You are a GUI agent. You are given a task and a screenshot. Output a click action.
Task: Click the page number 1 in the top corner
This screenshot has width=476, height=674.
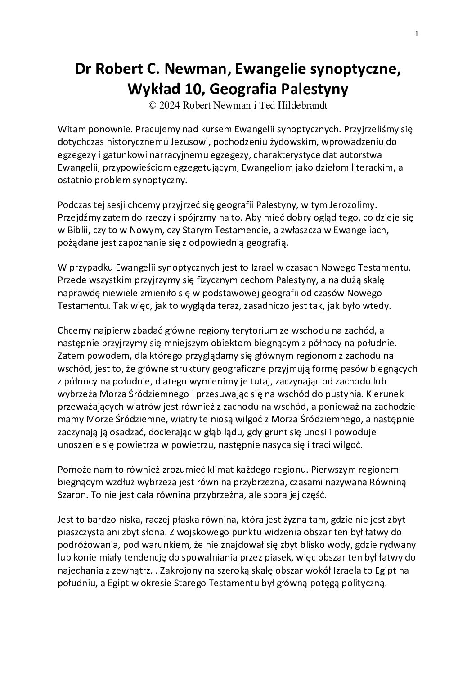click(x=417, y=34)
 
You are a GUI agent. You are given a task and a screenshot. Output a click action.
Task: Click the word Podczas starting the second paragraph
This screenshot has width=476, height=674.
click(x=75, y=205)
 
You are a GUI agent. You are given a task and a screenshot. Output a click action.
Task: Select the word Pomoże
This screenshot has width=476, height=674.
click(x=74, y=470)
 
